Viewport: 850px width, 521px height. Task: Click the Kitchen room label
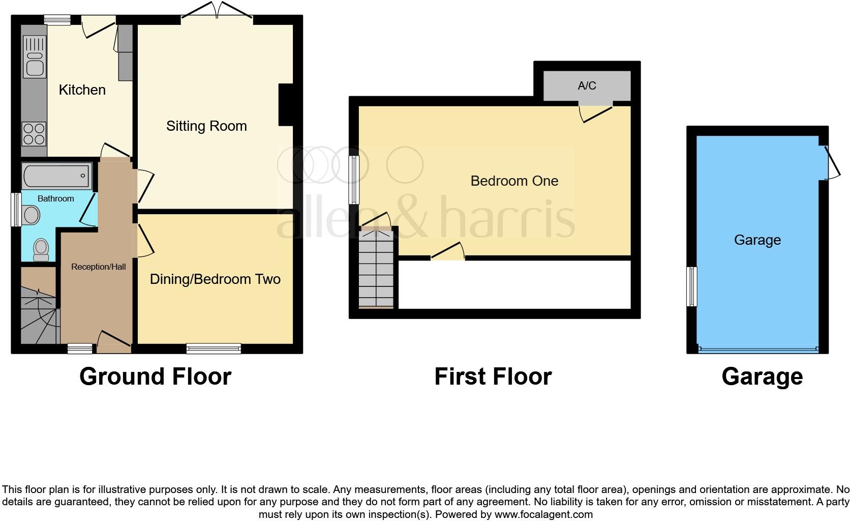(x=82, y=90)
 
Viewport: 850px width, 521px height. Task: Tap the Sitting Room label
(x=206, y=126)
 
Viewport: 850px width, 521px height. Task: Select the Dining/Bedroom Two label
(x=215, y=279)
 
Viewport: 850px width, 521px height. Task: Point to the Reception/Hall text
(x=98, y=267)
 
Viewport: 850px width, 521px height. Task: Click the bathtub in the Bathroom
(x=56, y=176)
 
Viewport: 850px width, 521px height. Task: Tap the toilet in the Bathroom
(x=41, y=249)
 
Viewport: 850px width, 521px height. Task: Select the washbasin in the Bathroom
(x=31, y=215)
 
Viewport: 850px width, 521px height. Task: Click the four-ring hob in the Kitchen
(x=34, y=134)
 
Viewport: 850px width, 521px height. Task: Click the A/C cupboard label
(x=587, y=85)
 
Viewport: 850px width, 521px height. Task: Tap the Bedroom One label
(x=514, y=181)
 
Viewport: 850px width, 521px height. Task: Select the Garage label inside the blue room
(x=757, y=240)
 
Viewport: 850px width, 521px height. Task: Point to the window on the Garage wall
(x=691, y=286)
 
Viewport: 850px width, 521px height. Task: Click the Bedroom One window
(x=354, y=180)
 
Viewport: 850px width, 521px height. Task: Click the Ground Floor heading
(x=155, y=377)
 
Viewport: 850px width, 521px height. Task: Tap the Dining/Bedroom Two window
(x=214, y=349)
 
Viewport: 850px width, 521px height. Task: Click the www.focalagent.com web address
(x=543, y=514)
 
